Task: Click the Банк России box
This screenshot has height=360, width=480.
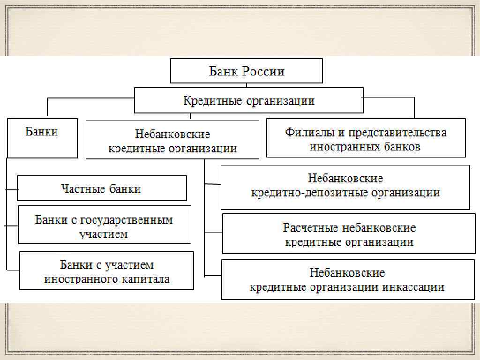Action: point(247,71)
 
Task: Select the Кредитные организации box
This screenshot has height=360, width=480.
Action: point(248,100)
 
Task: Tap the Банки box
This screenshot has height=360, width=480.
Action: point(42,138)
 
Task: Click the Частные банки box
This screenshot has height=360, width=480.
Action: point(102,188)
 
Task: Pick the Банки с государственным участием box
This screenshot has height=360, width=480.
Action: point(104,225)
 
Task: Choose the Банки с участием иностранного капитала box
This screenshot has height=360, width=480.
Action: point(106,271)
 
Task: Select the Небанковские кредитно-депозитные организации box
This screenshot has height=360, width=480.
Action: point(345,186)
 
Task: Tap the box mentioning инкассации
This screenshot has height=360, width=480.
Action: point(347,280)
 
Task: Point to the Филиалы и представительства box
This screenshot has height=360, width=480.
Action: point(366,138)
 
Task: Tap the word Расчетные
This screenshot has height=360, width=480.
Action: point(311,228)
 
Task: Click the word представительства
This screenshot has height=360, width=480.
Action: point(399,132)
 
